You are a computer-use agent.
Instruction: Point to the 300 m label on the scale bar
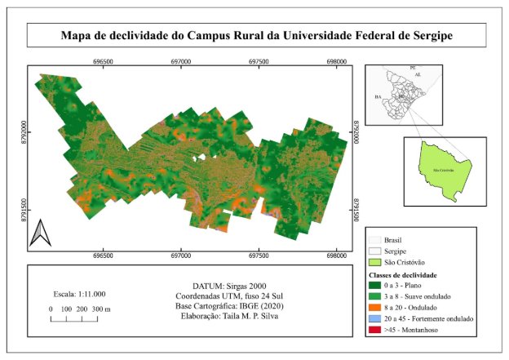pyautogui.click(x=102, y=309)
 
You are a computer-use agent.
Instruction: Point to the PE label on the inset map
pyautogui.click(x=413, y=64)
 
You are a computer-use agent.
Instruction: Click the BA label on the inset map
pyautogui.click(x=378, y=96)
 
